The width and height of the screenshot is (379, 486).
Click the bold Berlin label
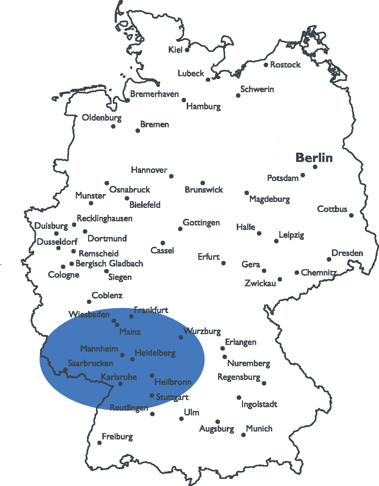click(314, 158)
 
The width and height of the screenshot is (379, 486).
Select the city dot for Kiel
click(187, 50)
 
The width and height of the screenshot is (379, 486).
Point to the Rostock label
click(285, 65)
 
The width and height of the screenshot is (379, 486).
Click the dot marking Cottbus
click(351, 215)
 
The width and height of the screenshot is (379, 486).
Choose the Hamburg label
click(204, 106)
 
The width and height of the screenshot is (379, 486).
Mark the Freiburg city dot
click(99, 443)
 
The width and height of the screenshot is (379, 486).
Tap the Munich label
click(259, 429)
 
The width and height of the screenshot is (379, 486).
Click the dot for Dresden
click(329, 259)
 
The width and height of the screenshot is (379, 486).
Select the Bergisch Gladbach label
click(109, 264)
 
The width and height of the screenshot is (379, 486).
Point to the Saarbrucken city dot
click(65, 370)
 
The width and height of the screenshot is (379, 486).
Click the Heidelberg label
click(155, 353)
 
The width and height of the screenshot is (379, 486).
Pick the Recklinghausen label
click(105, 218)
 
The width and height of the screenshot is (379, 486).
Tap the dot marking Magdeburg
click(246, 193)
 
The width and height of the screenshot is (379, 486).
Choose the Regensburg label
click(239, 377)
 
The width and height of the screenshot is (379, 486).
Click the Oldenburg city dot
click(113, 126)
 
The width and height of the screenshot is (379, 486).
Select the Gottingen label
click(201, 223)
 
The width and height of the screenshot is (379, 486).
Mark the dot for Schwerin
click(238, 96)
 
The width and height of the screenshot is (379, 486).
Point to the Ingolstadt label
click(259, 404)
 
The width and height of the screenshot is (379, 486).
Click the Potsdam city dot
click(303, 175)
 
